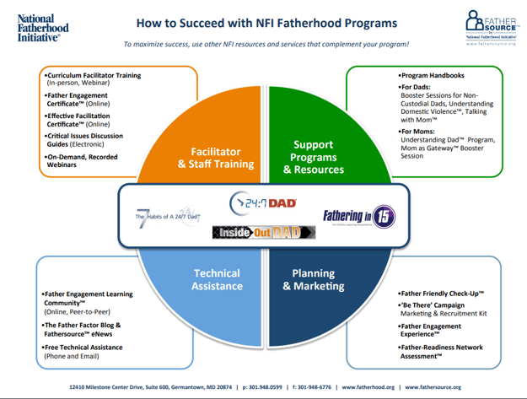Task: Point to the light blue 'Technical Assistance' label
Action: coord(217,279)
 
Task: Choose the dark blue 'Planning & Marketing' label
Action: coord(313,279)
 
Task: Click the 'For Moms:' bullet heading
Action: coord(419,131)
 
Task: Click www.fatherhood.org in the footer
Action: coord(368,387)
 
